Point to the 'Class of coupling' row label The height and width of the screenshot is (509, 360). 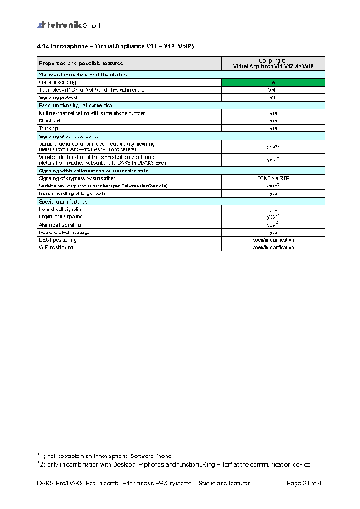[x=62, y=81]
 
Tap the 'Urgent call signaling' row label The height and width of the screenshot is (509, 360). [x=68, y=216]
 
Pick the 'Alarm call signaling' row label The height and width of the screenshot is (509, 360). [x=67, y=225]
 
